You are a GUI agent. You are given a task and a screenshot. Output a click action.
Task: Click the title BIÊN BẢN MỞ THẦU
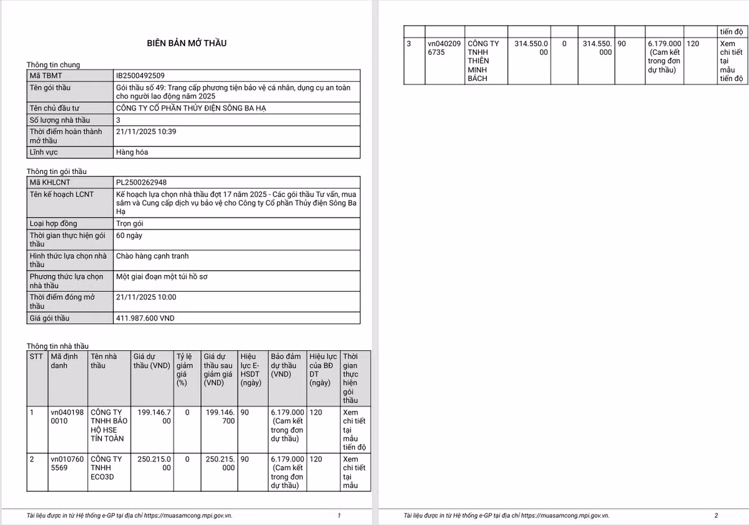[187, 43]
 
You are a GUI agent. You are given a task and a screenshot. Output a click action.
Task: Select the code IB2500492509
[140, 75]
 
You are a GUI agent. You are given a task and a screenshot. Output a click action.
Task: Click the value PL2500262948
[141, 182]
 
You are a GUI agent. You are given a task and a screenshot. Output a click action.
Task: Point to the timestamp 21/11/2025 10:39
[146, 132]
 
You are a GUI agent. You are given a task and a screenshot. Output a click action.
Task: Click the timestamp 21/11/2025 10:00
[146, 297]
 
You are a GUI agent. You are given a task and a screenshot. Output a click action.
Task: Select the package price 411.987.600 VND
[145, 318]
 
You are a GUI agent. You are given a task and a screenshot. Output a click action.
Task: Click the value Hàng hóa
[132, 152]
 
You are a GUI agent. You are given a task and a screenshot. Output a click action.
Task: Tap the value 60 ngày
[129, 235]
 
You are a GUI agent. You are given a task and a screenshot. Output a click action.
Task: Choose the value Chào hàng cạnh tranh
[152, 256]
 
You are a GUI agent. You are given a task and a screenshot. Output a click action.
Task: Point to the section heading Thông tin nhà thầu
[57, 346]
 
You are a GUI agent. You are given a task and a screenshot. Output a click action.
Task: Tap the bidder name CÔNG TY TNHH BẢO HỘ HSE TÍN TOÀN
[109, 425]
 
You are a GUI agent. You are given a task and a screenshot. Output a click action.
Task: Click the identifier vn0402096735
[444, 48]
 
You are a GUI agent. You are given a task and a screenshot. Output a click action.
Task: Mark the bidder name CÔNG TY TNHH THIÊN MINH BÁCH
[483, 61]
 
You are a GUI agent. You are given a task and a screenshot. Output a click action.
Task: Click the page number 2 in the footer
[716, 516]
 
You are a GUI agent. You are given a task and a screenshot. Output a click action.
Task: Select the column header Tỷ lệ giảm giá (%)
[185, 370]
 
